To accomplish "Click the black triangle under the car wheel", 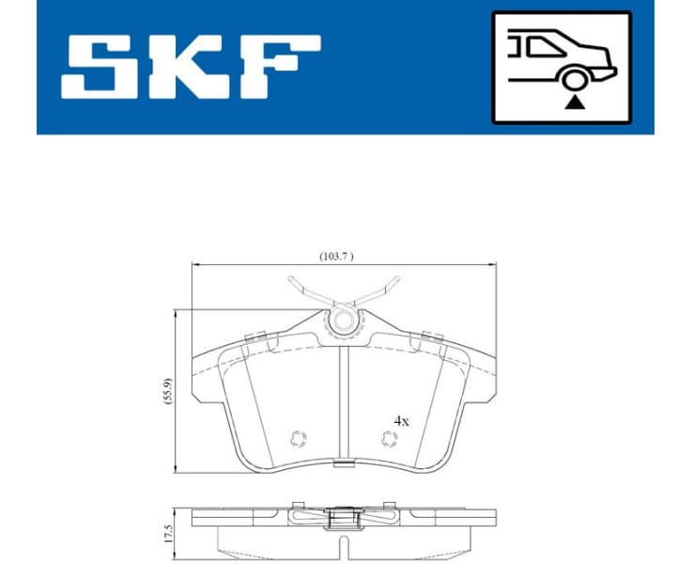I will pos(572,101).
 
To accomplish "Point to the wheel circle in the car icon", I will pos(571,79).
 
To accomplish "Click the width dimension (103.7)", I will pos(335,256).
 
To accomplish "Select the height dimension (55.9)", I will pos(168,389).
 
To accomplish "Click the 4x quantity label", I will pos(401,421).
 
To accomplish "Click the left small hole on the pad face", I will pos(300,437).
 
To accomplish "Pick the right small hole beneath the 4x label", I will pos(389,437).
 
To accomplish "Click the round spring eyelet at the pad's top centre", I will pos(344,321).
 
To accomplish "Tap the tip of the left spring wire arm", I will pos(291,278).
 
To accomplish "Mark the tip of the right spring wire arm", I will pos(397,278).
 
